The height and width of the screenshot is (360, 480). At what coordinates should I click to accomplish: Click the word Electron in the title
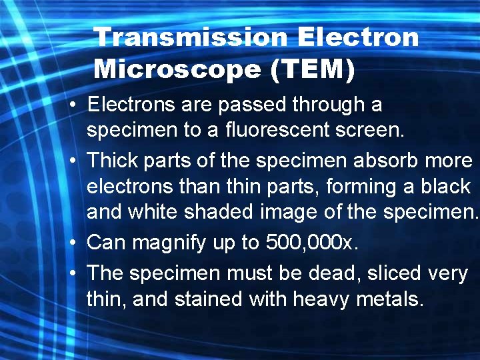358,37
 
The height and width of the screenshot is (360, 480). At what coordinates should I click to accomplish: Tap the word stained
209,299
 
